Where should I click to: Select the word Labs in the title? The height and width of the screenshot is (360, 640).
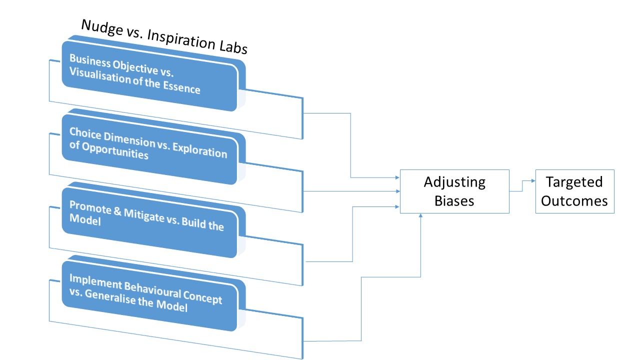[231, 47]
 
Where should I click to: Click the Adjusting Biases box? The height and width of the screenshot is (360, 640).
[454, 191]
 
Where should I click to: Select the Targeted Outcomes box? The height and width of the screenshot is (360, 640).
[574, 191]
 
